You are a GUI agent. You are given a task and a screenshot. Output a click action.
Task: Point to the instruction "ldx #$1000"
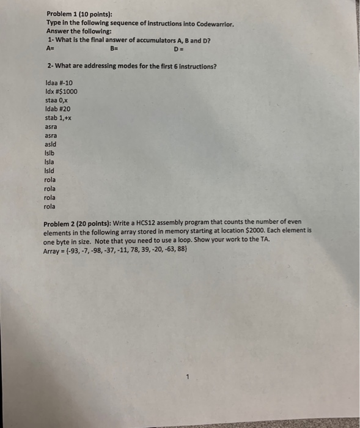61,92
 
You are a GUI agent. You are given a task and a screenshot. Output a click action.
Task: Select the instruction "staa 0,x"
56,100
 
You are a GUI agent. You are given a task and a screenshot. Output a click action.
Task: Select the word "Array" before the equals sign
54,249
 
